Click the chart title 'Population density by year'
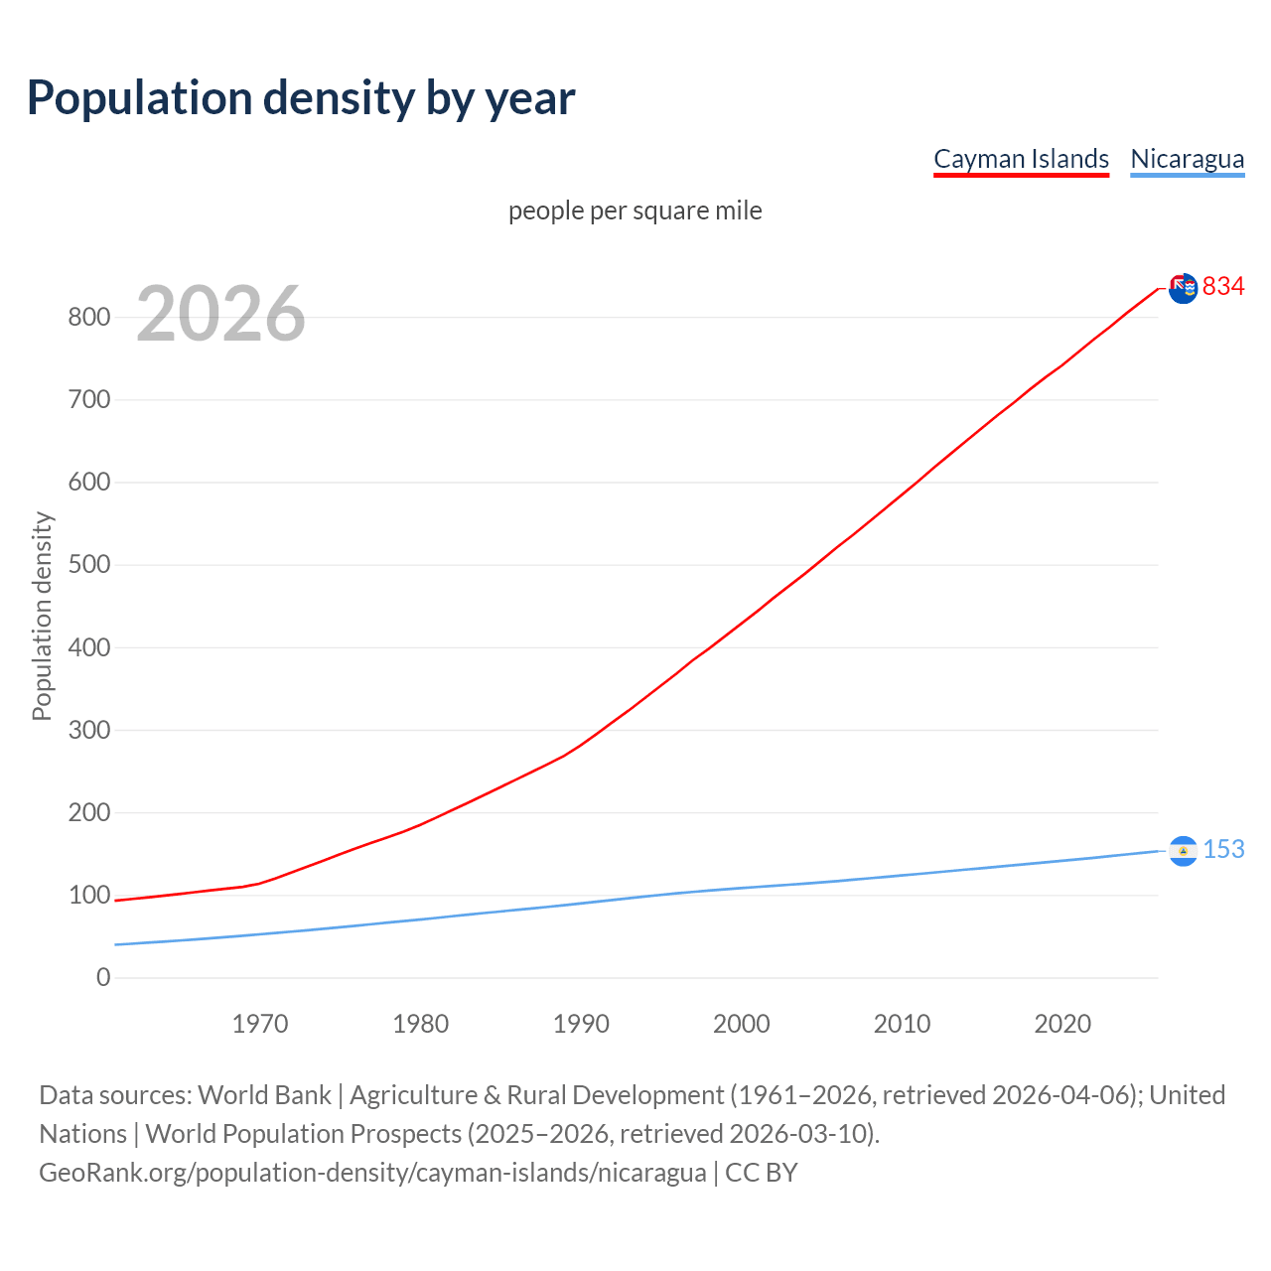pos(301,98)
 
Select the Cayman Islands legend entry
pos(1021,159)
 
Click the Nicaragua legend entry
pos(1187,159)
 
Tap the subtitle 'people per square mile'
pos(635,211)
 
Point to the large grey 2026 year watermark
pos(220,314)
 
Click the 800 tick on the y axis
pos(88,318)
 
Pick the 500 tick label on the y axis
pos(88,565)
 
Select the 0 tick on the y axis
pos(103,978)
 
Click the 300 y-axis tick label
pos(88,731)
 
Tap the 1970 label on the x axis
pos(260,1024)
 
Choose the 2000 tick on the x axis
pos(742,1024)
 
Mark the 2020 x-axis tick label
pos(1062,1024)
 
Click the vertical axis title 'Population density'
pos(42,616)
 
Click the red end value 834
pos(1223,287)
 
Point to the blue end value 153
pos(1223,850)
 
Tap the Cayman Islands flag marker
pos(1183,289)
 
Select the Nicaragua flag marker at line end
pos(1183,851)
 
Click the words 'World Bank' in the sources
pos(264,1095)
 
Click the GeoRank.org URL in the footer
pos(372,1173)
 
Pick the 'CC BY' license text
pos(762,1173)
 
